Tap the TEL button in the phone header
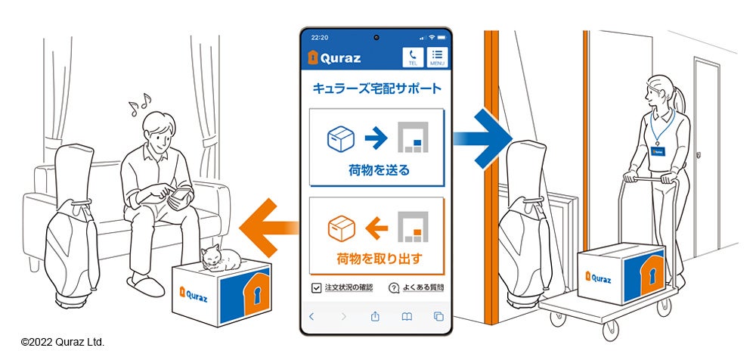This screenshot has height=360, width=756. [412, 57]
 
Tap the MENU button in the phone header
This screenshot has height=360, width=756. [437, 57]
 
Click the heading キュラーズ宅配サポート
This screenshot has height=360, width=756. [376, 89]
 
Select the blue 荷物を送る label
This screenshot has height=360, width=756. [376, 170]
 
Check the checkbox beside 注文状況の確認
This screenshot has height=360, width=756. [316, 287]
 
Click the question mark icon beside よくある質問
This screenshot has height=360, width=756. [394, 287]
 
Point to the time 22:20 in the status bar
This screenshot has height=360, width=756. [320, 37]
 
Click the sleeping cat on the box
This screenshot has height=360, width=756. [219, 258]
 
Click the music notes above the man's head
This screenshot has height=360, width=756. [139, 104]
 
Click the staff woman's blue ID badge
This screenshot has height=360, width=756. [656, 150]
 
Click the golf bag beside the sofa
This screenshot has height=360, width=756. [71, 219]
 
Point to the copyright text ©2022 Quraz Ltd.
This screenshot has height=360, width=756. [63, 343]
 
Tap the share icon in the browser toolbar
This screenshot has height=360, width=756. [375, 316]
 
